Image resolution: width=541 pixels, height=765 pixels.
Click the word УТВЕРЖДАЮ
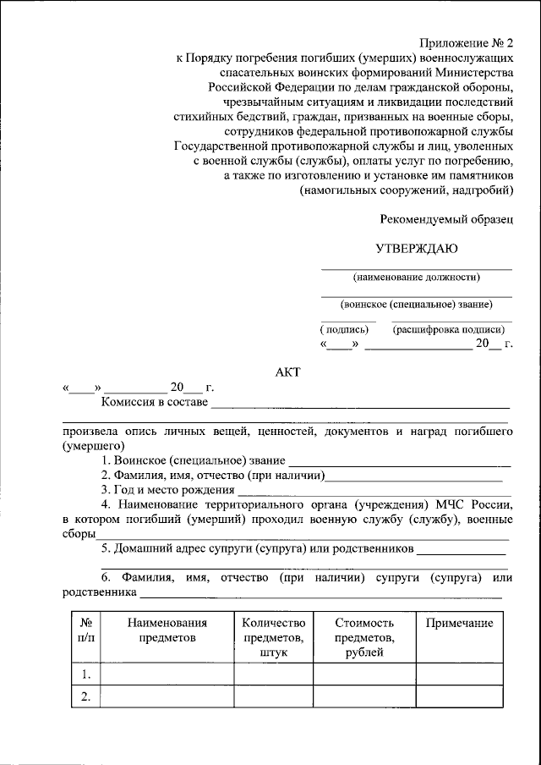click(417, 249)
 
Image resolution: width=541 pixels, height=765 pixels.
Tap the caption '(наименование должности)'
click(417, 277)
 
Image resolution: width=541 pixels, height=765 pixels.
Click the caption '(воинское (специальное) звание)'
click(417, 304)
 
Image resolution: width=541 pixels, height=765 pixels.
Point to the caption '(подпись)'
click(345, 329)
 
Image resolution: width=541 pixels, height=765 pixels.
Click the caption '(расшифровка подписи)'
click(449, 329)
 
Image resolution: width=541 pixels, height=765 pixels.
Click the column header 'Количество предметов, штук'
click(272, 637)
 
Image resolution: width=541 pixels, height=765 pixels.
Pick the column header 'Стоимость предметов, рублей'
click(363, 637)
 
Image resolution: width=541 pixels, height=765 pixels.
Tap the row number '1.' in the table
click(85, 674)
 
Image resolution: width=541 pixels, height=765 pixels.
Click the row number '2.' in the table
click(85, 696)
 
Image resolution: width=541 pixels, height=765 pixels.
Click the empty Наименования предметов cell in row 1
click(167, 674)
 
